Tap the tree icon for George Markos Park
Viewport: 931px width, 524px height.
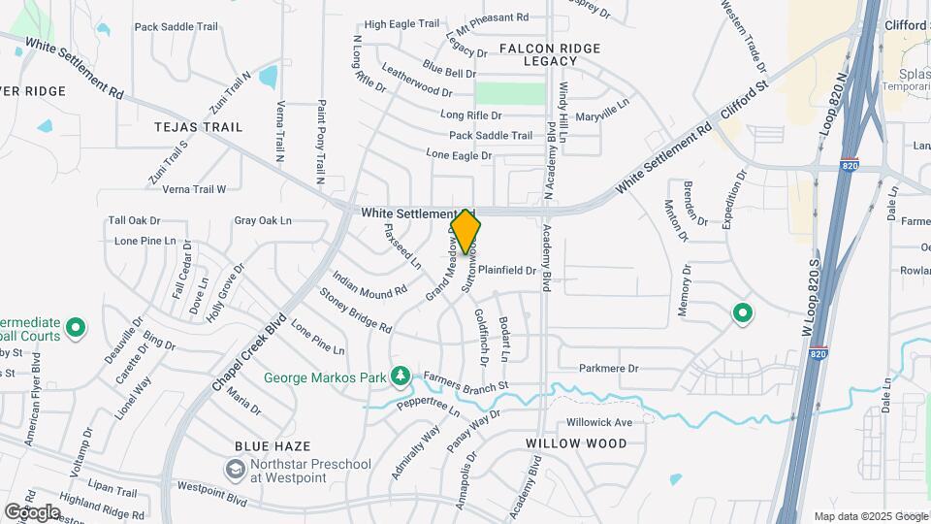point(399,376)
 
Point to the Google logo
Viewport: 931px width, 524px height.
point(32,511)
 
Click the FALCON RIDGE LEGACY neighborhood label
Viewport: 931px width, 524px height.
point(550,54)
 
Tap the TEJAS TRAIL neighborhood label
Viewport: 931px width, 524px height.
point(198,127)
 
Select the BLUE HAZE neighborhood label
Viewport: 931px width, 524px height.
point(273,446)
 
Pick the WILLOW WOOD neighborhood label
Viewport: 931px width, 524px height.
point(576,443)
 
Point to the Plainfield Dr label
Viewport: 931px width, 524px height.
point(506,271)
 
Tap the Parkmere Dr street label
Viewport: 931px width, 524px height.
point(609,369)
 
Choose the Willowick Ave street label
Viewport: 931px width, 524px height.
point(599,422)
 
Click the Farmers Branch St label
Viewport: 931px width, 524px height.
point(465,386)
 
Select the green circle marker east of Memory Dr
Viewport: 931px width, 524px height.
point(743,313)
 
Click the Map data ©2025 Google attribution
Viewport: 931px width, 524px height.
point(871,516)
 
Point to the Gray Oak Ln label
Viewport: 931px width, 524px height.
point(263,220)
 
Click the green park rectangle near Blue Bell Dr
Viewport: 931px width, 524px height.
point(510,93)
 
